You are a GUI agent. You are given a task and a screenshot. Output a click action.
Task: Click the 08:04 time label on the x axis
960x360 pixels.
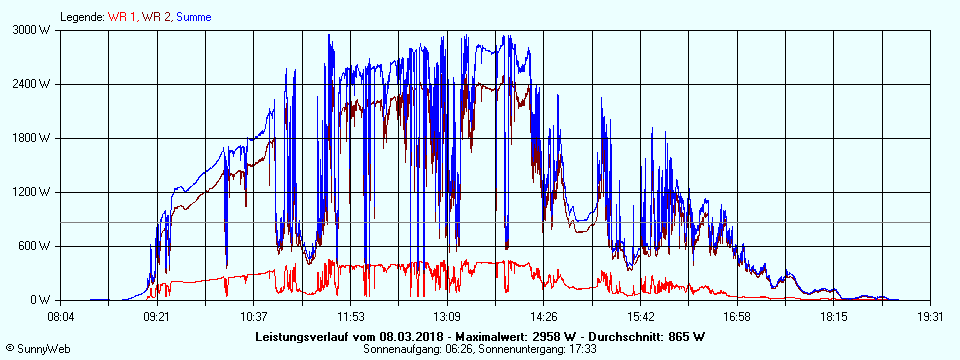tap(61, 316)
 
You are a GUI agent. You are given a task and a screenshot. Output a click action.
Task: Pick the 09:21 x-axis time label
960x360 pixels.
tap(158, 316)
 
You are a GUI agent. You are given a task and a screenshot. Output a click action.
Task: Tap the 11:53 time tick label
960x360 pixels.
tap(351, 316)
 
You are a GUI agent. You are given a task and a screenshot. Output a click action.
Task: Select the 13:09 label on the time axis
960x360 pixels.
tap(447, 316)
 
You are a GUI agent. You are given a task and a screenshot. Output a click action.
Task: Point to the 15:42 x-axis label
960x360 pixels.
tap(640, 316)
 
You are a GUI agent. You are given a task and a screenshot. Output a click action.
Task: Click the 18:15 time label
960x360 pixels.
tap(834, 316)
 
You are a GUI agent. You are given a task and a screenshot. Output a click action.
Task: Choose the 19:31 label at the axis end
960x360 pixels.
tap(930, 316)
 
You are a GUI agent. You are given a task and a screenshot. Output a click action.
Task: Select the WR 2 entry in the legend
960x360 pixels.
tap(156, 16)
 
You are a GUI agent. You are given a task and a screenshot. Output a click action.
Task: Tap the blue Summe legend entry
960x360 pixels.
tap(193, 16)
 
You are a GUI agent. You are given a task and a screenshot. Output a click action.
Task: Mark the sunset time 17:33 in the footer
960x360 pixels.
tap(582, 349)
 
